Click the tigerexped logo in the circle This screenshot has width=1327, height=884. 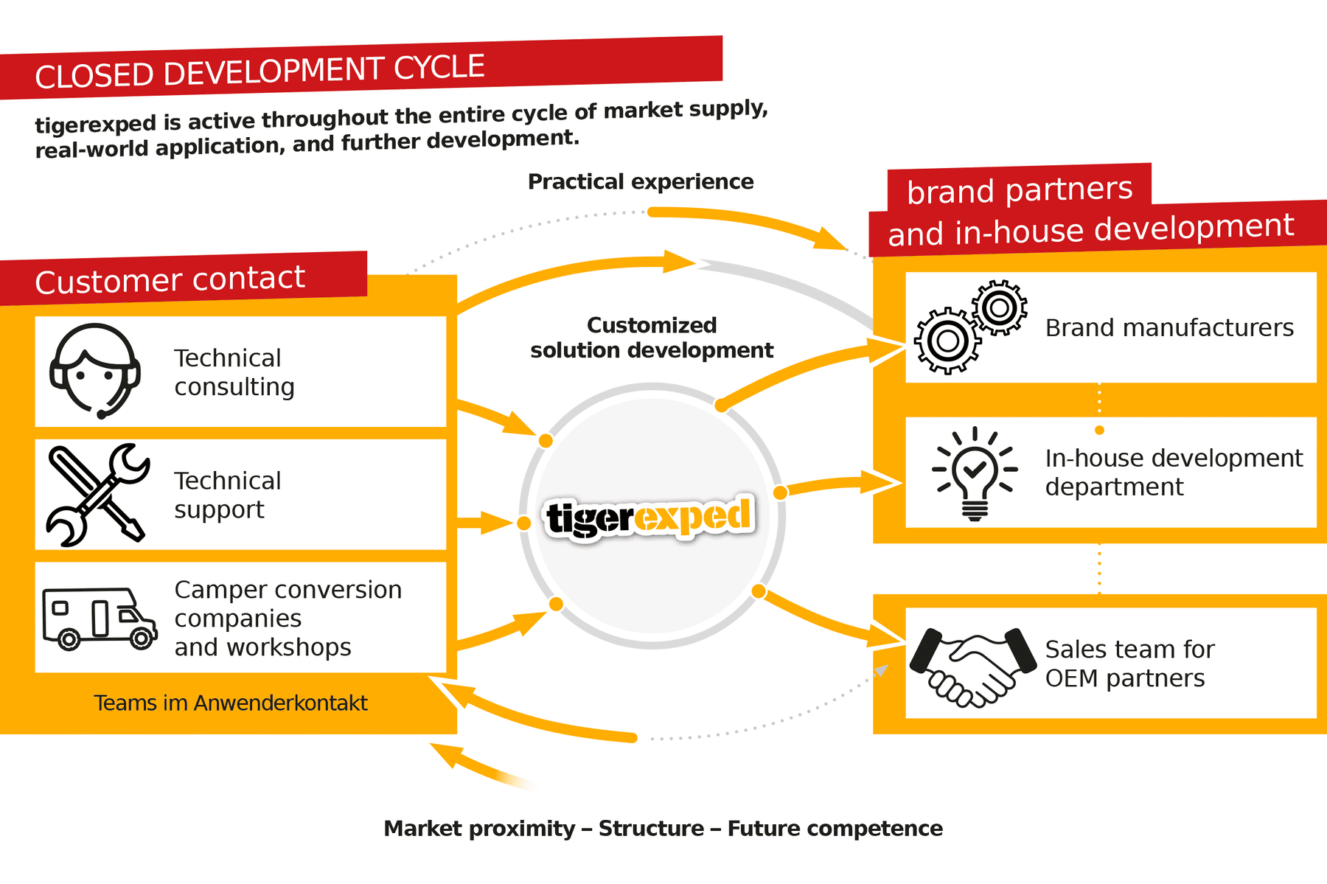point(649,517)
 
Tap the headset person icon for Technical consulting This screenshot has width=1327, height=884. point(95,371)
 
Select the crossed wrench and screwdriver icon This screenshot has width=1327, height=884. point(98,495)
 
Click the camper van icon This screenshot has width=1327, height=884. point(100,618)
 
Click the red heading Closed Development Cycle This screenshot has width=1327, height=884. point(260,72)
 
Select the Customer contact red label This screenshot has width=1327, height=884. point(170,279)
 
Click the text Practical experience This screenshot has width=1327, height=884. point(640,181)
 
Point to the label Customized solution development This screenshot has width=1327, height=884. point(652,338)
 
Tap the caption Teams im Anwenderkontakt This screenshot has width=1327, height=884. point(230,703)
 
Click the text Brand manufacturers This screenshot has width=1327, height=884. point(1169,327)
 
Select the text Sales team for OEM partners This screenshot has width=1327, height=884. point(1129,664)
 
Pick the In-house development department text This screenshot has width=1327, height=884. point(1173,473)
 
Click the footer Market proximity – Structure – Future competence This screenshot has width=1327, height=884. point(663,828)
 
